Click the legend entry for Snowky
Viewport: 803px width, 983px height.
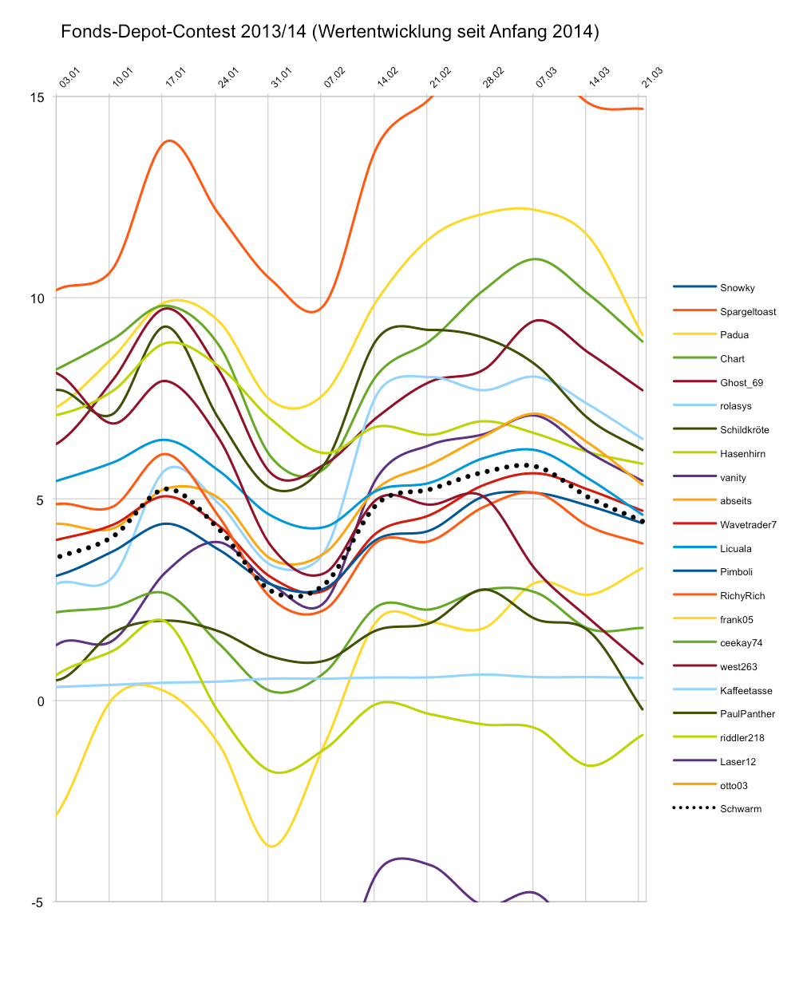tap(737, 288)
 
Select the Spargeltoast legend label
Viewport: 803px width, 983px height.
tap(748, 312)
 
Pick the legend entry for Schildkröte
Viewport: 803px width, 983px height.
tap(746, 430)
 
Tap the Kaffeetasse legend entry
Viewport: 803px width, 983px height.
tap(746, 690)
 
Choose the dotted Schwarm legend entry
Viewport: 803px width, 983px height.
tap(740, 809)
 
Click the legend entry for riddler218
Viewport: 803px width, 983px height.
tap(742, 738)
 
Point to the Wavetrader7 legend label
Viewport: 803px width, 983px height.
tap(748, 525)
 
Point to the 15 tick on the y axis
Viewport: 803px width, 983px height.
tap(37, 97)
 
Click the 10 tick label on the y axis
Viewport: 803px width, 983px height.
tap(37, 298)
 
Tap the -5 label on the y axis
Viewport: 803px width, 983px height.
tap(37, 902)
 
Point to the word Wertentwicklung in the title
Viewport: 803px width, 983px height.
tap(386, 33)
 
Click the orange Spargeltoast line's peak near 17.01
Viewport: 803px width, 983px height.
tap(168, 140)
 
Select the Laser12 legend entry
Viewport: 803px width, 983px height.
tap(738, 762)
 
